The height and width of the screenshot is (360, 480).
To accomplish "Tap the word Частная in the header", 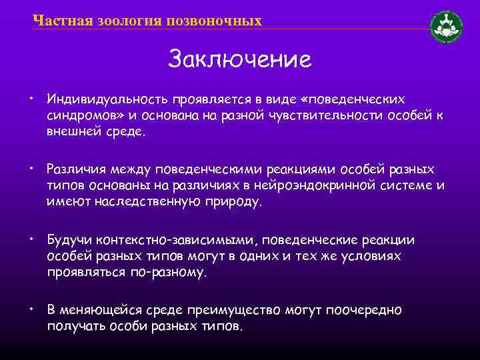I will point(55,21).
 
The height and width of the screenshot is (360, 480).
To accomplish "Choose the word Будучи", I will point(67,239).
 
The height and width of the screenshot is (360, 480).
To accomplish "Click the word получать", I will point(73,327).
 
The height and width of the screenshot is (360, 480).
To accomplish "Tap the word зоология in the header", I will point(124,21).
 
